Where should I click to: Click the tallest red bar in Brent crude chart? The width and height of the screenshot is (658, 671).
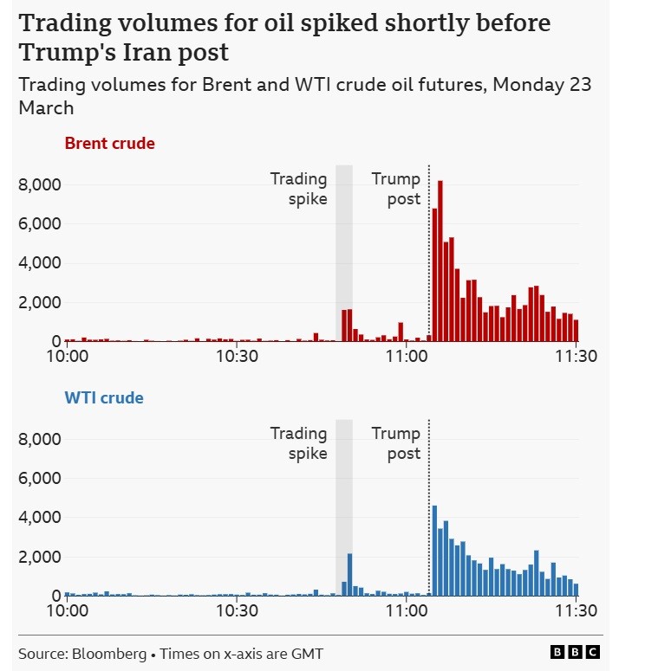coord(440,260)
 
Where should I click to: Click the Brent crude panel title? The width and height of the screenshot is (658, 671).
coord(109,144)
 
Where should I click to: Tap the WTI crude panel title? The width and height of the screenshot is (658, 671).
coord(104,398)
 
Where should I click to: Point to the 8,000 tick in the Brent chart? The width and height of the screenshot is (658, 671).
coord(39,184)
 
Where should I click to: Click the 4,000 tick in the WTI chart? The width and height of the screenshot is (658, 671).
coord(39,518)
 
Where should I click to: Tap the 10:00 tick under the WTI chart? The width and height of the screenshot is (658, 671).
coord(67,610)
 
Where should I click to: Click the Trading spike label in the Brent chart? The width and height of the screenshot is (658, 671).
coord(298,189)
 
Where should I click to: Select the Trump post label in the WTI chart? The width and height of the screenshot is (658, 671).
coord(396,443)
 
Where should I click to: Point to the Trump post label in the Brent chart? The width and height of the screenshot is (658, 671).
coord(396,189)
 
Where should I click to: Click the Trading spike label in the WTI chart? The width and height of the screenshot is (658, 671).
coord(298,443)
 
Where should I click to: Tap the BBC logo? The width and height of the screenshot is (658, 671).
coord(575,652)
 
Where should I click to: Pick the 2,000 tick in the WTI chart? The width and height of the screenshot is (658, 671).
coord(39,557)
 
